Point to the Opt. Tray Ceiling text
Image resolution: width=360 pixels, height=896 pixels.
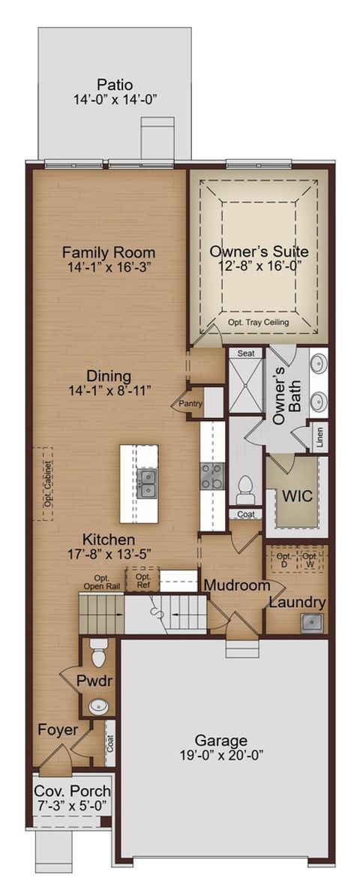point(259,322)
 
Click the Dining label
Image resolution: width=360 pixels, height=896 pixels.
point(109,375)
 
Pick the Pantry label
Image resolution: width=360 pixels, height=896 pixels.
point(187,404)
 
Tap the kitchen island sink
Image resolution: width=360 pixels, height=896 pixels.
point(147,484)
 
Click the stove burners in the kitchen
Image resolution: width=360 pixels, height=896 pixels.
point(211,477)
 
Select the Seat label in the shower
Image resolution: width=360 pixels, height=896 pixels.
point(246,353)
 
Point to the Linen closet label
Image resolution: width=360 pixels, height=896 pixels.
point(319,437)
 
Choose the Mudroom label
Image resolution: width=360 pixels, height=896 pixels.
point(236,585)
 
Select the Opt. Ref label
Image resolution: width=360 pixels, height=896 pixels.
point(142,580)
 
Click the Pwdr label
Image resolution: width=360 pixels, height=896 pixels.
point(94,681)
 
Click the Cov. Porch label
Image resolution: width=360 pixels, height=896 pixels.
point(72,791)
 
